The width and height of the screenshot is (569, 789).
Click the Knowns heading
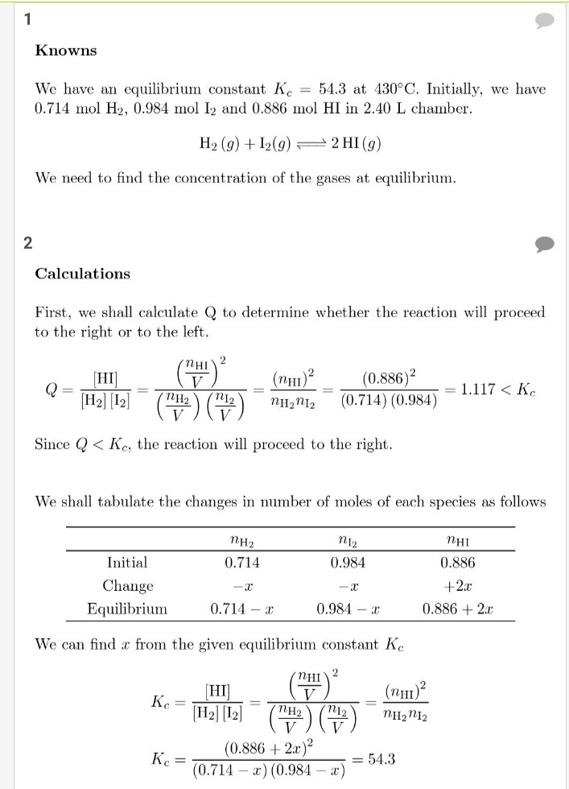coord(65,51)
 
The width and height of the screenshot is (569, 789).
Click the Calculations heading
coord(82,274)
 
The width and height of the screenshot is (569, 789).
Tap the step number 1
coord(28,20)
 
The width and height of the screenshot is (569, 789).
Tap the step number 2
coord(28,243)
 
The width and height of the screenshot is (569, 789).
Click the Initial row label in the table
coord(127,563)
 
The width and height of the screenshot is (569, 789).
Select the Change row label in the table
coord(127,586)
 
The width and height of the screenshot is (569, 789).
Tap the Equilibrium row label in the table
coord(127,609)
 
